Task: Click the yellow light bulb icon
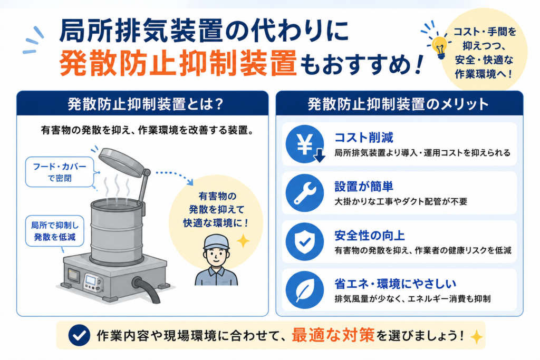439,47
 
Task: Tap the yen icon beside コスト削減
305,144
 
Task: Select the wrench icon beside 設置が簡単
305,193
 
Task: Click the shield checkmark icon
305,241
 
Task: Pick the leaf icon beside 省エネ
305,290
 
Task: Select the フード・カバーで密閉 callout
60,172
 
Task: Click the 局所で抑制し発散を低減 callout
55,231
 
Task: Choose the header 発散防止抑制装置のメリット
398,104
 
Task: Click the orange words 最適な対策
333,335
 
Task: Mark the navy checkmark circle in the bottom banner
79,335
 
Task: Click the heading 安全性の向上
370,236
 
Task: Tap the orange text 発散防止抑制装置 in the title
178,63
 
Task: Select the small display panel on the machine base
91,280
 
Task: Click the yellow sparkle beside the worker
243,241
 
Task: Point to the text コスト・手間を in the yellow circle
485,32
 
